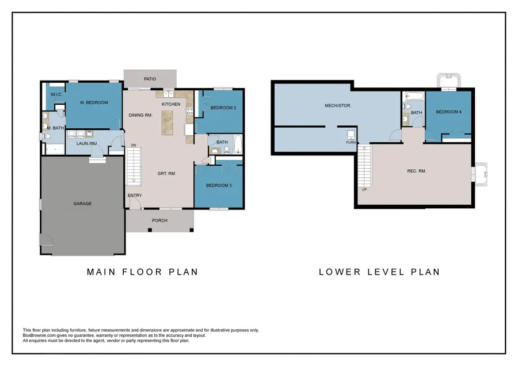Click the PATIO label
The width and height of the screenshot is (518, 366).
[x=150, y=79]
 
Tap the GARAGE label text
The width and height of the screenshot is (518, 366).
[x=82, y=203]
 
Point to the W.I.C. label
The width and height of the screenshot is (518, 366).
[x=56, y=94]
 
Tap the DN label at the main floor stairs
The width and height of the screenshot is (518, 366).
[x=134, y=145]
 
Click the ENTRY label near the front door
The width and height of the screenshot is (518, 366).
[x=134, y=196]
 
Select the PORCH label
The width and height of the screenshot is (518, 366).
[x=159, y=220]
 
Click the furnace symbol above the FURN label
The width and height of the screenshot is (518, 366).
[x=351, y=135]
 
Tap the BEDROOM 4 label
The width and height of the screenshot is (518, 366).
[x=448, y=112]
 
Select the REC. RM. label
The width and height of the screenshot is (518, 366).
[x=416, y=170]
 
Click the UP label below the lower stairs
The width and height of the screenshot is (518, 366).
[x=364, y=189]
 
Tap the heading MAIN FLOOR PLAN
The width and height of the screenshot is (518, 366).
[x=142, y=272]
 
